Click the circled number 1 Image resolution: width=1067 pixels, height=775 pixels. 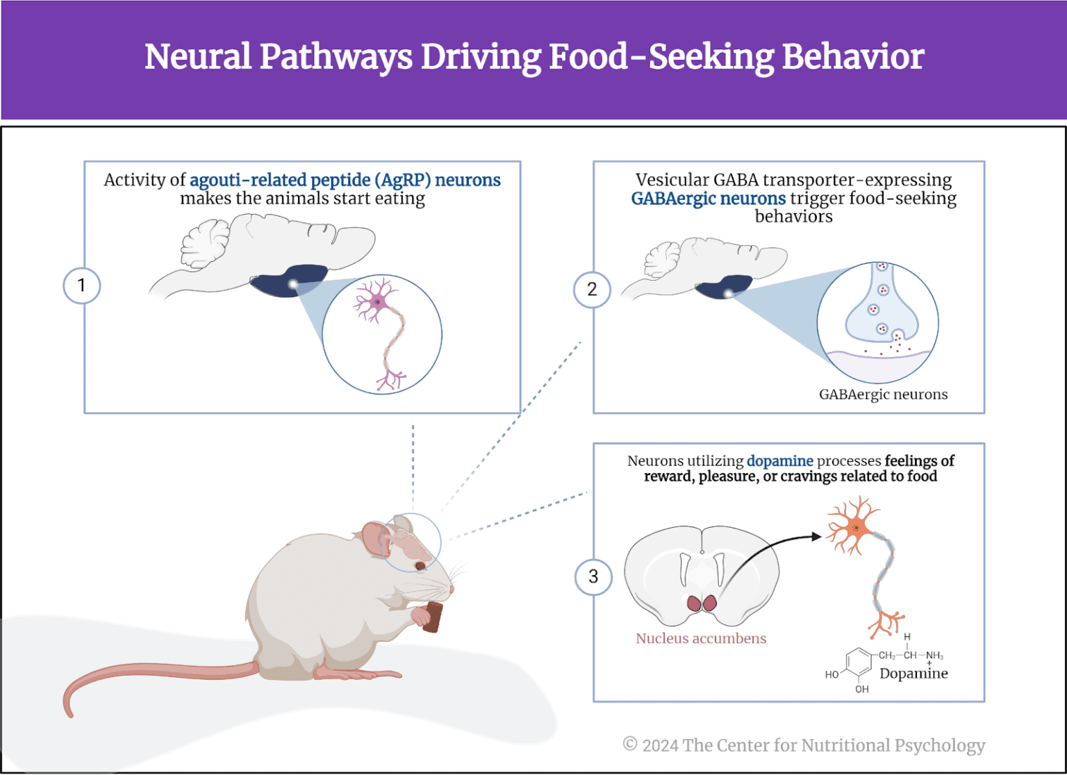[82, 285]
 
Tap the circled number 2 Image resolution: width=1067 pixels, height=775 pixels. [592, 290]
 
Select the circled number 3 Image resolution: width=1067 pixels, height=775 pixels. [593, 576]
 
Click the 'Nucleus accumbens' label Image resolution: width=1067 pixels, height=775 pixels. [701, 638]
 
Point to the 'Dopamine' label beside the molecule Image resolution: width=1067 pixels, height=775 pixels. [913, 673]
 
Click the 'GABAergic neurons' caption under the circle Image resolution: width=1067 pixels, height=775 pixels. [883, 394]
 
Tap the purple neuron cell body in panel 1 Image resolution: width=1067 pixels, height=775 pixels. [377, 302]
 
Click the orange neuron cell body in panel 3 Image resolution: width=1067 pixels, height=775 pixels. [856, 528]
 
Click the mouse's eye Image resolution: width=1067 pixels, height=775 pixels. [420, 566]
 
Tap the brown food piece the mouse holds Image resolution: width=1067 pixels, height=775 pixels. [433, 617]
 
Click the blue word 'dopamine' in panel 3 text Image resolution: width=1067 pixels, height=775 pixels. [779, 461]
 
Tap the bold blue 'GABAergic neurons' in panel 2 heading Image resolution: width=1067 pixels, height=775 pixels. [708, 199]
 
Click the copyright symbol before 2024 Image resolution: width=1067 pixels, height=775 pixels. [630, 744]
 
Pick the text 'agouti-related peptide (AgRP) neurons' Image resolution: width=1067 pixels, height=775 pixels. [345, 180]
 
